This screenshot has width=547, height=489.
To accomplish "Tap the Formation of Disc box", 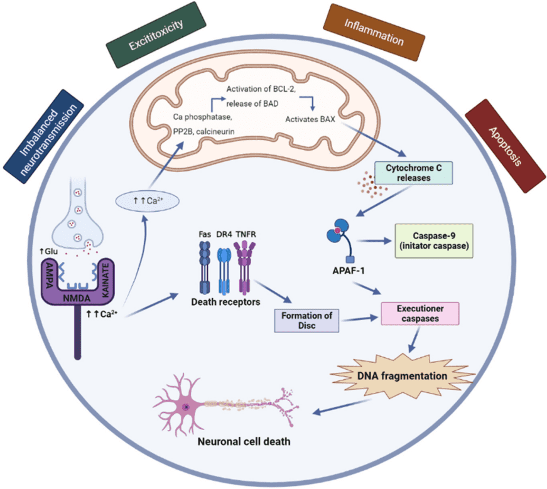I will pos(307,320).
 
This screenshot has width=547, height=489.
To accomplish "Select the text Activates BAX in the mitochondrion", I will pos(310,118).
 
